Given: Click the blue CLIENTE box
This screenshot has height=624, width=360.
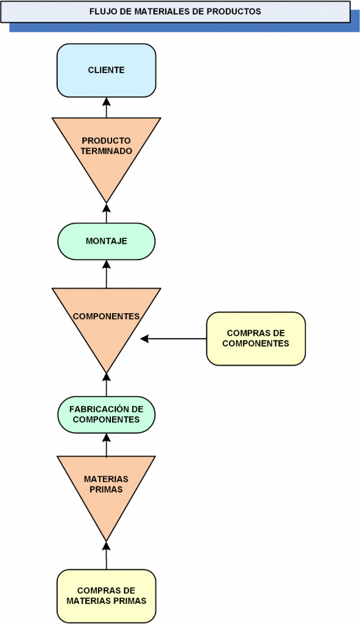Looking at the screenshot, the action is tap(106, 71).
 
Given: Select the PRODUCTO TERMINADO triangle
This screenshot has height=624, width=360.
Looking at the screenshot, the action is tap(106, 151).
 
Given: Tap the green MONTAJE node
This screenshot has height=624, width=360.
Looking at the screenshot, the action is tap(106, 241).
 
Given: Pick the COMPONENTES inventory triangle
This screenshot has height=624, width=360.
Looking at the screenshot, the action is tap(106, 322).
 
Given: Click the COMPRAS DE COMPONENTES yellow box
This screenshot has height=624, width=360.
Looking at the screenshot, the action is tap(256, 339).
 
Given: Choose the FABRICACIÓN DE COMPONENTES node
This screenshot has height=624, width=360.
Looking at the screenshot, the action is tap(106, 414).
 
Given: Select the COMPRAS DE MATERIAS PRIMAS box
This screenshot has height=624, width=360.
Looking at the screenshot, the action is tap(106, 596).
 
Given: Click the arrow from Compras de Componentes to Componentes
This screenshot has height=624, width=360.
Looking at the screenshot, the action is tap(174, 339).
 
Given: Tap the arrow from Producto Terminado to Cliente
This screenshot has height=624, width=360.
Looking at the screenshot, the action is tap(106, 107).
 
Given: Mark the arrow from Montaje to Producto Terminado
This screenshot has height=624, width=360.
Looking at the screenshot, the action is tap(106, 213).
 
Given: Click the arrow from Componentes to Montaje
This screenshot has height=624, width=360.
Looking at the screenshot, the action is tap(106, 274).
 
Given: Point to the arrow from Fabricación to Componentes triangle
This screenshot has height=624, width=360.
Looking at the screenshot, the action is tap(106, 385).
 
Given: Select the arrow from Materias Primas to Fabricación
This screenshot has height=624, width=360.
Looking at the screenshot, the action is tap(106, 444).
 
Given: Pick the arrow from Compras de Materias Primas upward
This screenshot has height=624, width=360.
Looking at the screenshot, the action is tap(106, 556).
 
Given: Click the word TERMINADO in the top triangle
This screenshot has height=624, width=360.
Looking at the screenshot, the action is tap(106, 151).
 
